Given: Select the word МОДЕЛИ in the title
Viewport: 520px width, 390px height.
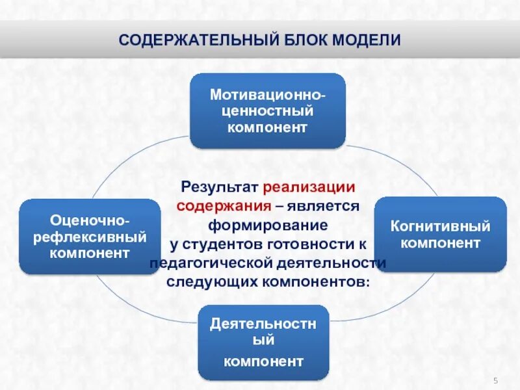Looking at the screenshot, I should pyautogui.click(x=367, y=40).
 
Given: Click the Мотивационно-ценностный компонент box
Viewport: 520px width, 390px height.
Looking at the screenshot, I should pyautogui.click(x=267, y=110).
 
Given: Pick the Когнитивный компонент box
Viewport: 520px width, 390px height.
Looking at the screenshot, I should pyautogui.click(x=440, y=235).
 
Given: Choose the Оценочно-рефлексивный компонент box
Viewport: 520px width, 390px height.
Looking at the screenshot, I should pyautogui.click(x=90, y=236).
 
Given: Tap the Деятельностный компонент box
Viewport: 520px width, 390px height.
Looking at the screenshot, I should pyautogui.click(x=263, y=343).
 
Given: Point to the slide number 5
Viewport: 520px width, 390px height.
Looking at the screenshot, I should pyautogui.click(x=495, y=380).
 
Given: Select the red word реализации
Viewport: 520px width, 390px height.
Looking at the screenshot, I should pyautogui.click(x=309, y=187).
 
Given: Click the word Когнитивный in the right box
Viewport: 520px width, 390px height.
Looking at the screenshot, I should pyautogui.click(x=440, y=227).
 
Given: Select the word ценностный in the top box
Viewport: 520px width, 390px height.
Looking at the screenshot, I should pyautogui.click(x=267, y=110).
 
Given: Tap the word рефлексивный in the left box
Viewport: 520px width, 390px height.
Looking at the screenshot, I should pyautogui.click(x=90, y=236).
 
